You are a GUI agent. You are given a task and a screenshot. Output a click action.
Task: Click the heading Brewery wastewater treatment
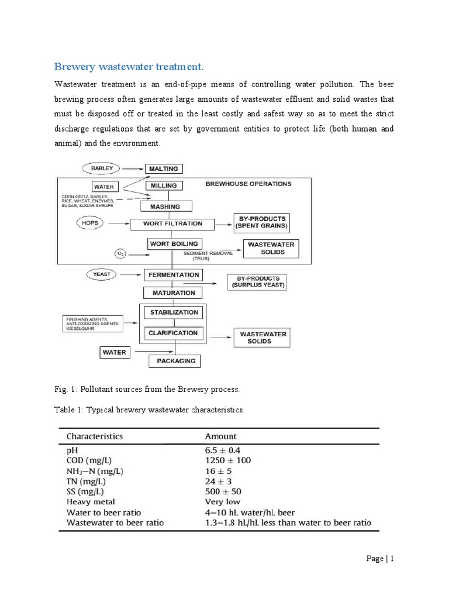[129, 65]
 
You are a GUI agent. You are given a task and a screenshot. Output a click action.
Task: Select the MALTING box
[164, 168]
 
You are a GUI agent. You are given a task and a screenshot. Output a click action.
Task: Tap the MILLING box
[163, 186]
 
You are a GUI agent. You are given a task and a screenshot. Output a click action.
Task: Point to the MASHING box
[164, 206]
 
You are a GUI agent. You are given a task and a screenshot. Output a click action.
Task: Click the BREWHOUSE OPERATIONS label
[248, 184]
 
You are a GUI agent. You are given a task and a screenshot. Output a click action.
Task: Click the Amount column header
[221, 436]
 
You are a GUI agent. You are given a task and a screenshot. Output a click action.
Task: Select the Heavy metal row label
[91, 501]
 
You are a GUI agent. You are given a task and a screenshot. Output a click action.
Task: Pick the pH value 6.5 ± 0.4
[223, 450]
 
